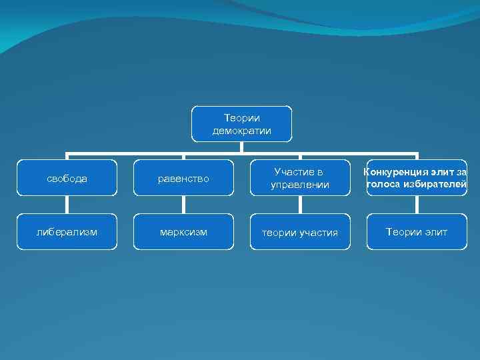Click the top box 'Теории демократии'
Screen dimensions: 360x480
pos(241,124)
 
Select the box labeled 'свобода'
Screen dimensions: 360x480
pos(67,178)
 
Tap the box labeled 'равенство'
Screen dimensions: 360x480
pos(183,178)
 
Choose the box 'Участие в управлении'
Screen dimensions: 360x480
pos(300,178)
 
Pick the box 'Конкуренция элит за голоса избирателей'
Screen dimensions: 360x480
pos(417,178)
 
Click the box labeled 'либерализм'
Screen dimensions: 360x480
pos(67,232)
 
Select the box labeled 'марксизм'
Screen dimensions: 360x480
pos(183,232)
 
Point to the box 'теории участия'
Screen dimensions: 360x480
pos(300,232)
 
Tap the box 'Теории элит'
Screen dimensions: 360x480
pos(417,232)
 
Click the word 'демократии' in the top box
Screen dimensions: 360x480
pos(241,131)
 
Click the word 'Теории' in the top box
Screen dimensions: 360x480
pos(241,118)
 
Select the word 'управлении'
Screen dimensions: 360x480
pos(300,185)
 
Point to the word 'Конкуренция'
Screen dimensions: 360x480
pos(396,172)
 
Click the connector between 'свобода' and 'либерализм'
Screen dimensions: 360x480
pos(67,205)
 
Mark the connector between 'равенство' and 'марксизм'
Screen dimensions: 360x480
pos(183,205)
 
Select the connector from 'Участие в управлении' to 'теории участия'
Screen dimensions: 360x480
pos(300,205)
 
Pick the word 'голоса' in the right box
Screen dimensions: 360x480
pos(385,184)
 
